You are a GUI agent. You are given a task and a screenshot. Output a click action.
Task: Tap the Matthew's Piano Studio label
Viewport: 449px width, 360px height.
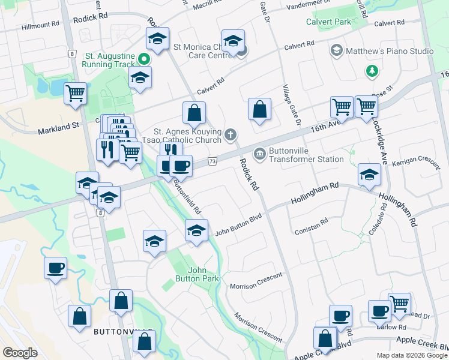coord(389,51)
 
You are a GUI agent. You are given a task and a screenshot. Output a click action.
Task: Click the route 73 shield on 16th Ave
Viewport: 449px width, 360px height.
coord(212,161)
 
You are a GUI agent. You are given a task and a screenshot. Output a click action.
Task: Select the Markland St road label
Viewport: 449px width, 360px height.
coord(59,129)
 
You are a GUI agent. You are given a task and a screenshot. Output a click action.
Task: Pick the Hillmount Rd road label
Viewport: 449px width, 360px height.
coord(40,25)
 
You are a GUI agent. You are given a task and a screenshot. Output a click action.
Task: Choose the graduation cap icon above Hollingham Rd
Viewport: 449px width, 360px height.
coord(369,175)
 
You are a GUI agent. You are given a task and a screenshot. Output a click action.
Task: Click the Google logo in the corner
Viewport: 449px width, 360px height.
coord(20,353)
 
